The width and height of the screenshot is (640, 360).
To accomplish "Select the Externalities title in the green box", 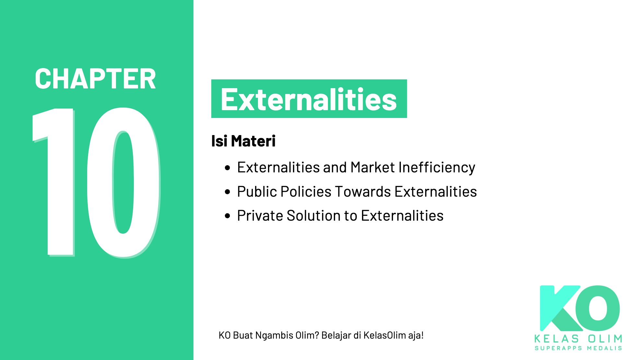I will coord(308,99).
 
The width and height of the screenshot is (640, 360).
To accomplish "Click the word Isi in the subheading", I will coord(219,141).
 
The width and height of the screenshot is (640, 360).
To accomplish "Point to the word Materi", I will coord(253,141).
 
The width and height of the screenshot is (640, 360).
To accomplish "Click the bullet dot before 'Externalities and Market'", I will coord(227,168).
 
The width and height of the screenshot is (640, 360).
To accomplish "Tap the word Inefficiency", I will coord(436,168).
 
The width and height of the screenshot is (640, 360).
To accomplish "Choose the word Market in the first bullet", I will coord(373,168).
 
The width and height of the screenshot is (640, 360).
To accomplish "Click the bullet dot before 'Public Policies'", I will coord(227,192).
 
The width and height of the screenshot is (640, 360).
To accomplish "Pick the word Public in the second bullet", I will coord(257,192).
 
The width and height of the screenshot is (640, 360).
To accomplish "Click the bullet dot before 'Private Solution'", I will coord(227,216).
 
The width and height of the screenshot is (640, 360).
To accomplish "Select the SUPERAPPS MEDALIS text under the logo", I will coord(578,348).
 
